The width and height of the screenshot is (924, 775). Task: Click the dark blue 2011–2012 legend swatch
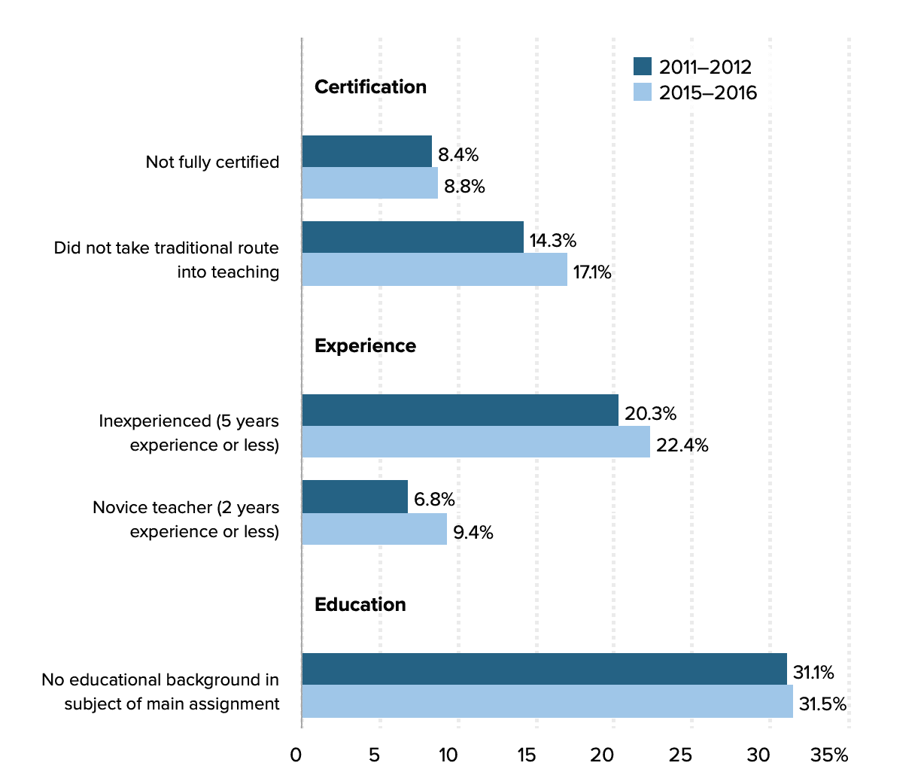pyautogui.click(x=642, y=66)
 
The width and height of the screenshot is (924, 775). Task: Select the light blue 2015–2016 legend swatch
pyautogui.click(x=642, y=93)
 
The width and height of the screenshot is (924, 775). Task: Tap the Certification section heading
pyautogui.click(x=370, y=87)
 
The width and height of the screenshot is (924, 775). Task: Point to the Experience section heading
pyautogui.click(x=365, y=346)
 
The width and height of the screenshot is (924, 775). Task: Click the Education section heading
pyautogui.click(x=360, y=605)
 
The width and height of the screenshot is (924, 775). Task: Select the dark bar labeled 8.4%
pyautogui.click(x=366, y=151)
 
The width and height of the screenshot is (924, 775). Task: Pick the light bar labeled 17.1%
pyautogui.click(x=434, y=269)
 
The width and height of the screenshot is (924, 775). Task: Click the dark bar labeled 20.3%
pyautogui.click(x=460, y=410)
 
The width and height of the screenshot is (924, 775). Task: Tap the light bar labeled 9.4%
pyautogui.click(x=374, y=529)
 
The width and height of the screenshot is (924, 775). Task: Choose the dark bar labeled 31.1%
pyautogui.click(x=544, y=669)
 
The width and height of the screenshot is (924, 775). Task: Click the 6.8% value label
pyautogui.click(x=434, y=500)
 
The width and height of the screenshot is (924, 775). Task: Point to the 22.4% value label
pyautogui.click(x=682, y=445)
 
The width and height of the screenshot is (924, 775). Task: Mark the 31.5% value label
pyautogui.click(x=822, y=704)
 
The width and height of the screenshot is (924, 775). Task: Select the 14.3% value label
pyautogui.click(x=552, y=241)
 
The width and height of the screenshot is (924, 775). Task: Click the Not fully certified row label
pyautogui.click(x=212, y=163)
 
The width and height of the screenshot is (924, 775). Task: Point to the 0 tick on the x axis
pyautogui.click(x=296, y=755)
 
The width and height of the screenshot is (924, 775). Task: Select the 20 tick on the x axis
pyautogui.click(x=602, y=755)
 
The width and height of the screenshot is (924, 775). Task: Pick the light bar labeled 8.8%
pyautogui.click(x=369, y=183)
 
